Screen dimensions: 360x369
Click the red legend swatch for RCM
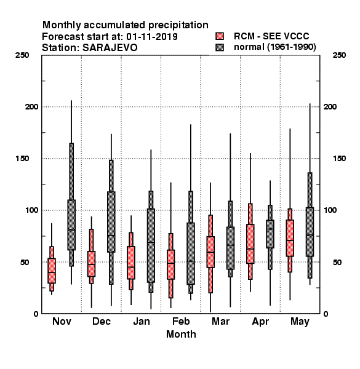(x=220, y=36)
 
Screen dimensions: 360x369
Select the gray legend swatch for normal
(x=220, y=47)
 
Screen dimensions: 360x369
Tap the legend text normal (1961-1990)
(x=274, y=47)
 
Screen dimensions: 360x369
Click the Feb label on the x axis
(x=181, y=321)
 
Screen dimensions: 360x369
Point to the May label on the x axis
(x=300, y=322)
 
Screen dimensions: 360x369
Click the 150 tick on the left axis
(x=22, y=159)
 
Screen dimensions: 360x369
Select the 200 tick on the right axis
(x=330, y=106)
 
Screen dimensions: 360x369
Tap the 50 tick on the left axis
(x=25, y=262)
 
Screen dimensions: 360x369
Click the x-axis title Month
(x=181, y=334)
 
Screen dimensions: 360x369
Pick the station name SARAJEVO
(x=110, y=48)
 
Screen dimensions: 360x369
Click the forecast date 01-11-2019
(x=152, y=37)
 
